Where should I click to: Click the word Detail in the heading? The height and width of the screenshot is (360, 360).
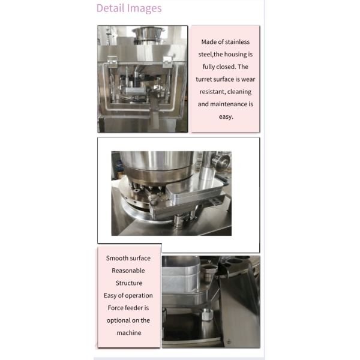[x=110, y=8]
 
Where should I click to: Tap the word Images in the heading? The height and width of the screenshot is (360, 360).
[x=145, y=8]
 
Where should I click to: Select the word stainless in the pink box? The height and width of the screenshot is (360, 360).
[x=238, y=42]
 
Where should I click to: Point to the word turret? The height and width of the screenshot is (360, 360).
[x=203, y=79]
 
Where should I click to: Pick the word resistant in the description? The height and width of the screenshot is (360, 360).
[x=212, y=92]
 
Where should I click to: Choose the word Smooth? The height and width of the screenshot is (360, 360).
[x=116, y=258]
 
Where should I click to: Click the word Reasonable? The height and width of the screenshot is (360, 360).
[x=128, y=271]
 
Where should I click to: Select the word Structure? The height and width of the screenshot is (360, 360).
[x=129, y=283]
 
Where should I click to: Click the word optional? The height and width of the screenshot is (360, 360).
[x=118, y=320]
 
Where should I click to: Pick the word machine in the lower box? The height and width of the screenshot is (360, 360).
[x=129, y=333]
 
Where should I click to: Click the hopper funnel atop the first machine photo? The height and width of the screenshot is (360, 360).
[x=148, y=34]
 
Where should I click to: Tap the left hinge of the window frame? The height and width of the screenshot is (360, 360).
[x=112, y=62]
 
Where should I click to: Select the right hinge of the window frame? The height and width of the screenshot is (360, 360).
[x=167, y=62]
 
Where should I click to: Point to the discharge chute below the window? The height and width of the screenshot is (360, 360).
[x=154, y=115]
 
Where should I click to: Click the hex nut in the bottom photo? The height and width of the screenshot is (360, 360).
[x=207, y=314]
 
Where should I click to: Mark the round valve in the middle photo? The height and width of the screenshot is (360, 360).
[x=221, y=161]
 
